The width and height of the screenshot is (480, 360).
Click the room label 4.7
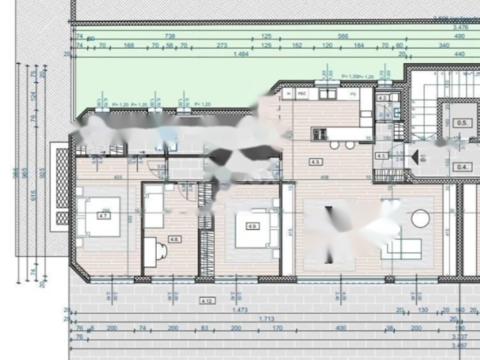(104, 216)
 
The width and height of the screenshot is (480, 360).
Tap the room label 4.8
(175, 239)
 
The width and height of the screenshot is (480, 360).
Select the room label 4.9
(253, 226)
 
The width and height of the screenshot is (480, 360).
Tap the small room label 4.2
(382, 98)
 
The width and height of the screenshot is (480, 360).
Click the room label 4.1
(381, 156)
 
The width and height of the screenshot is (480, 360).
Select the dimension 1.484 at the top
(241, 54)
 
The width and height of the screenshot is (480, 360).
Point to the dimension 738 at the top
(170, 37)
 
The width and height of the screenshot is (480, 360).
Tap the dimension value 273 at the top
(222, 45)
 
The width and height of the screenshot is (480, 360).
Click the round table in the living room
(420, 218)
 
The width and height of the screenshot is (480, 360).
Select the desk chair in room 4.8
(161, 251)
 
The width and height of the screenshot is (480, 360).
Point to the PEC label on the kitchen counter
(302, 94)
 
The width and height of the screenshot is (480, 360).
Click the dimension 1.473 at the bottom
(241, 310)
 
